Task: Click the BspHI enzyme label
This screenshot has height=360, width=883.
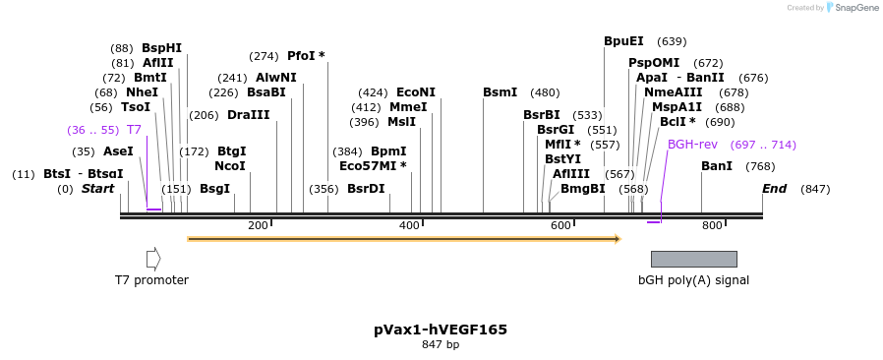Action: [161, 47]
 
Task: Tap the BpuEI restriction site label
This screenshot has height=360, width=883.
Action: [623, 41]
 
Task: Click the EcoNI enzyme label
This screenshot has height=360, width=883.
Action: [416, 92]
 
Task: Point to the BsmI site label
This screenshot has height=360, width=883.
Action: [500, 92]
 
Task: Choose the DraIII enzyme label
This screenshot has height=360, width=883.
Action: [248, 115]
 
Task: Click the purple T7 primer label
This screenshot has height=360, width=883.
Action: [134, 130]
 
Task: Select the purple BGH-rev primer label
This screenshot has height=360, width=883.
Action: [692, 145]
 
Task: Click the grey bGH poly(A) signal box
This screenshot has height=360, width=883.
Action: [693, 259]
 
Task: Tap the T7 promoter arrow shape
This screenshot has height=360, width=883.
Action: [152, 259]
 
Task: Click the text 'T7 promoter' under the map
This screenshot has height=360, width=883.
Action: [151, 280]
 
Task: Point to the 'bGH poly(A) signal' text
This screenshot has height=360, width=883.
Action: [693, 280]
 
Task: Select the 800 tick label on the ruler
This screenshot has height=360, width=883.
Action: [712, 226]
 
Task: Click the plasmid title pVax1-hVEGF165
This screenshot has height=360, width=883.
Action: [441, 330]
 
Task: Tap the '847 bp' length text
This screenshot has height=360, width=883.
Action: [441, 345]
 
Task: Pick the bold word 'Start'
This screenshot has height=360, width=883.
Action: [97, 189]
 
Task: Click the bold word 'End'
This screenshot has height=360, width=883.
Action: [774, 189]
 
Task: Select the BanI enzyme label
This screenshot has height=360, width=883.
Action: [717, 166]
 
